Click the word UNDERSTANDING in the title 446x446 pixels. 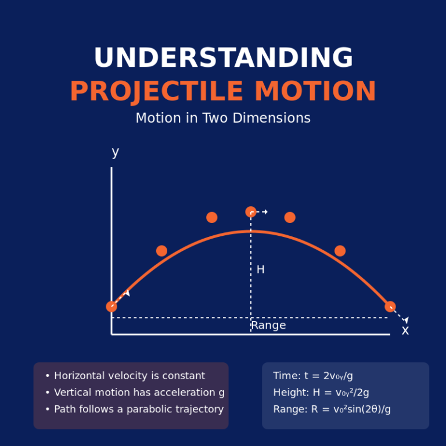[223, 58]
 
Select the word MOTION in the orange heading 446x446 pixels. [315, 92]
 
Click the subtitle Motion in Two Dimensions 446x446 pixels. [223, 118]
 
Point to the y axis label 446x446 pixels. [115, 152]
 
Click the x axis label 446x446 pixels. [405, 330]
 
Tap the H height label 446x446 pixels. [260, 269]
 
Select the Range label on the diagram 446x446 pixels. [268, 325]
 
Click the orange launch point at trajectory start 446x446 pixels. [111, 307]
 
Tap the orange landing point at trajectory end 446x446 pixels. [390, 307]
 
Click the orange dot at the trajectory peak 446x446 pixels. [251, 212]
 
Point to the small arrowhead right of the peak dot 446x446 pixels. [265, 212]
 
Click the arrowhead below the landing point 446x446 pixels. [406, 320]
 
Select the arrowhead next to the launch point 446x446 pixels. [128, 293]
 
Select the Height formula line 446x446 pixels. [321, 393]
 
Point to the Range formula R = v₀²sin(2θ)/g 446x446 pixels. [332, 409]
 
